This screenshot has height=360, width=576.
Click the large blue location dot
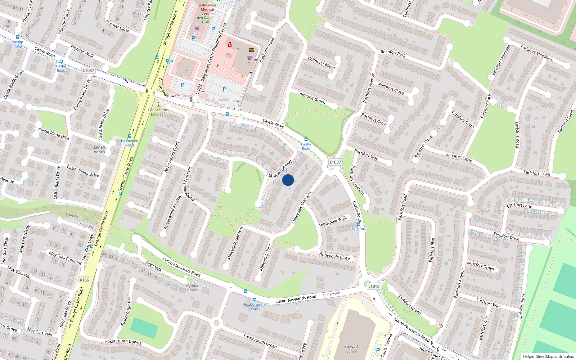288,180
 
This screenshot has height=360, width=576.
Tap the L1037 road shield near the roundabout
335,162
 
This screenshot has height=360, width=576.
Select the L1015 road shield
374,286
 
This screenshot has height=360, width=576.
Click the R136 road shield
84,280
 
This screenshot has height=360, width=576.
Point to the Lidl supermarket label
197,34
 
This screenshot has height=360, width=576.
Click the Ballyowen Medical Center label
207,9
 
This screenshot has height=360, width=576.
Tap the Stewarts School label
352,348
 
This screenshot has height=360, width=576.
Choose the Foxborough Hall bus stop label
254,306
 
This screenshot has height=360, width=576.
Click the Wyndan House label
192,288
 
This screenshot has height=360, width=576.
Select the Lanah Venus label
99,149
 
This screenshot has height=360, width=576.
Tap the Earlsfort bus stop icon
359,224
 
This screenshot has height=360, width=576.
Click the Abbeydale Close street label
334,256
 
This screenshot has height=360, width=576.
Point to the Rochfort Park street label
393,54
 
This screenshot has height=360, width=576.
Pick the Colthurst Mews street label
321,63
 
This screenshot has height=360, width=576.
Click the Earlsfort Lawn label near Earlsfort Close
536,173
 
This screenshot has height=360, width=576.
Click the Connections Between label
158,112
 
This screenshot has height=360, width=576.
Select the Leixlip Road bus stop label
18,44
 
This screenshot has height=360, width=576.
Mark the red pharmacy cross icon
229,45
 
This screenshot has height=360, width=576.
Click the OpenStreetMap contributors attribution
548,356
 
